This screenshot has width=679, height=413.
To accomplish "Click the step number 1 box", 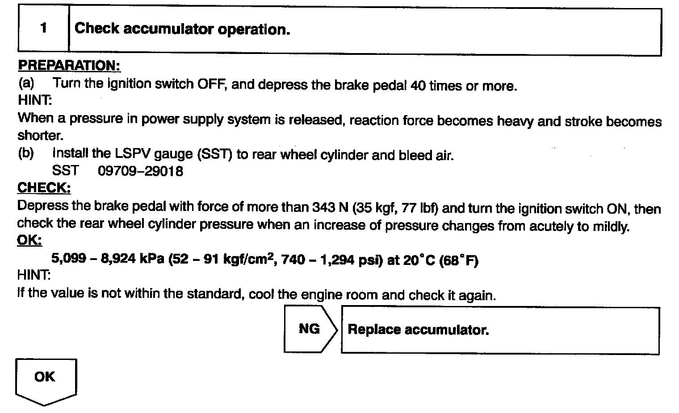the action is [43, 29].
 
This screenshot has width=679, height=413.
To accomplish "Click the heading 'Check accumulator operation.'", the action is [182, 29].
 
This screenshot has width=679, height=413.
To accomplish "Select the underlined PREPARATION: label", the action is [69, 66].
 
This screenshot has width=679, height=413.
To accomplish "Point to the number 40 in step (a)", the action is [417, 86].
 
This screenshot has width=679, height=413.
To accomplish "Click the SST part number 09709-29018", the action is [140, 171].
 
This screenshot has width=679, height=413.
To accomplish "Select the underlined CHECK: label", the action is [44, 188].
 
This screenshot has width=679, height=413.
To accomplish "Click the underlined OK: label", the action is [29, 241].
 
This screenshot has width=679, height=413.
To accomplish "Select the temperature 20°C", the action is [419, 260].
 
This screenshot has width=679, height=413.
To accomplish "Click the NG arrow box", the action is [310, 329].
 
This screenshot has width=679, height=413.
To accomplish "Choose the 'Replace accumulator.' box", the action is [500, 330].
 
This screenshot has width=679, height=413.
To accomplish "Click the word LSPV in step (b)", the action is [133, 154].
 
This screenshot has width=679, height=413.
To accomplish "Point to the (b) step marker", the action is [26, 153].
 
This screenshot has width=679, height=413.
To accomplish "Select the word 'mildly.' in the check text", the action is [611, 226].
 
